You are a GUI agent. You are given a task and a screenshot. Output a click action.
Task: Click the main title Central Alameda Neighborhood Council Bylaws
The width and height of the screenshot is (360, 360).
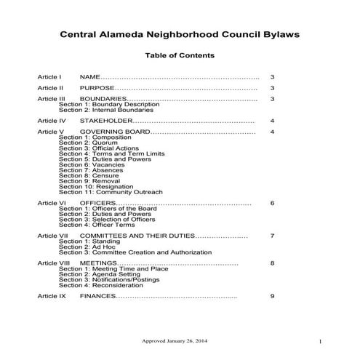[x=180, y=34]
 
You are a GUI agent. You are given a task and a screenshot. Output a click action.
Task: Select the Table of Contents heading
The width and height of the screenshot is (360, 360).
[x=180, y=56]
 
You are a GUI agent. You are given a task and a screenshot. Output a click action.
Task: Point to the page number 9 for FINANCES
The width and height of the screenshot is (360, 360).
[x=272, y=297]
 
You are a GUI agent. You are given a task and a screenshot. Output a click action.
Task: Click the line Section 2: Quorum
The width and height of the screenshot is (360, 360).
[x=84, y=143]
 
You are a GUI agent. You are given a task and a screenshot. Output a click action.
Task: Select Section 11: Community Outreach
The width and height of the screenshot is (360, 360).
[x=111, y=192]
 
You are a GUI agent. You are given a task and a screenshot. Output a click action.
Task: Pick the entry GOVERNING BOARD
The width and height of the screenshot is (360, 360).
[x=115, y=132]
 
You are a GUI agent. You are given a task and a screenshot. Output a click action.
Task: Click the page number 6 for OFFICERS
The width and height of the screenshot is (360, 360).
[x=272, y=203]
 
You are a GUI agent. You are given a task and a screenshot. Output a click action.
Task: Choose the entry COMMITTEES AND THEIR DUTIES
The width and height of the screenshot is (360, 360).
[x=137, y=236]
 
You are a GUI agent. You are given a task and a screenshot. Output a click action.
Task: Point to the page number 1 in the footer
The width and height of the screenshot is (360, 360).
[x=320, y=341]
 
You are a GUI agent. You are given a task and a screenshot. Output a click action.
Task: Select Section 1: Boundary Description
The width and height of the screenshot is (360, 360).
[x=108, y=103]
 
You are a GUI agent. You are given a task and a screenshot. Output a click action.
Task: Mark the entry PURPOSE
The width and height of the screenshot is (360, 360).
[x=97, y=87]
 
